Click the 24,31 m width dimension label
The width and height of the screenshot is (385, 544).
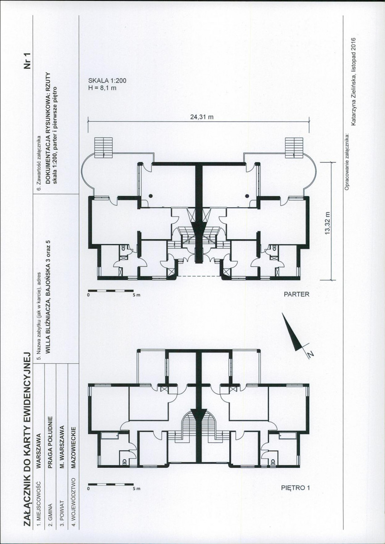(202, 117)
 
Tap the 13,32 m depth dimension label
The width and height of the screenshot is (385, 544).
(327, 224)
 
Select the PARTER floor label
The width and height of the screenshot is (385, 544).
(296, 295)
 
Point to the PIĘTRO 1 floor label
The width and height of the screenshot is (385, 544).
(295, 488)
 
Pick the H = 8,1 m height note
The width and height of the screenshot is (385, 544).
(103, 88)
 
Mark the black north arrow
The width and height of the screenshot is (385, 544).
(292, 332)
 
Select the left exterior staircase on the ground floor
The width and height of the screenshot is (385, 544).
(104, 147)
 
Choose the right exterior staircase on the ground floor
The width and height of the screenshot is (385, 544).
(294, 147)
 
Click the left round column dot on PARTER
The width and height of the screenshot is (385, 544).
(151, 196)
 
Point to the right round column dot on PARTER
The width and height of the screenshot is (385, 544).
(247, 196)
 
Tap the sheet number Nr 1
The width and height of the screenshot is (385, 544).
(27, 60)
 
